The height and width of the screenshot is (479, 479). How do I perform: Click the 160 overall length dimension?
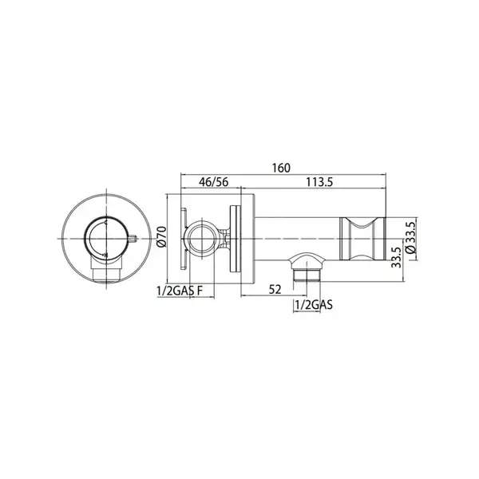[x=281, y=168]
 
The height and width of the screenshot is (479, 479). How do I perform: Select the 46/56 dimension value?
[x=213, y=182]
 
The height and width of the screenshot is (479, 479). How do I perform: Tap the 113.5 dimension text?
[x=319, y=182]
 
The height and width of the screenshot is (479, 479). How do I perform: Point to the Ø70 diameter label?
[x=161, y=236]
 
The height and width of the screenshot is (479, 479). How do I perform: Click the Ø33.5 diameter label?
[x=411, y=237]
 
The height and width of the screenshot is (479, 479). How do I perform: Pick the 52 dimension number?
[x=275, y=289]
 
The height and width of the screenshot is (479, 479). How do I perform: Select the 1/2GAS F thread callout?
[x=180, y=291]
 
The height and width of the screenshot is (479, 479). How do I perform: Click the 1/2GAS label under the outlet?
[x=314, y=305]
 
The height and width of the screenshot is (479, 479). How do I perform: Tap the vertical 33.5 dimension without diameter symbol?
[x=397, y=258]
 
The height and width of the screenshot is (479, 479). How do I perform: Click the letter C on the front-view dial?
[x=106, y=223]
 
